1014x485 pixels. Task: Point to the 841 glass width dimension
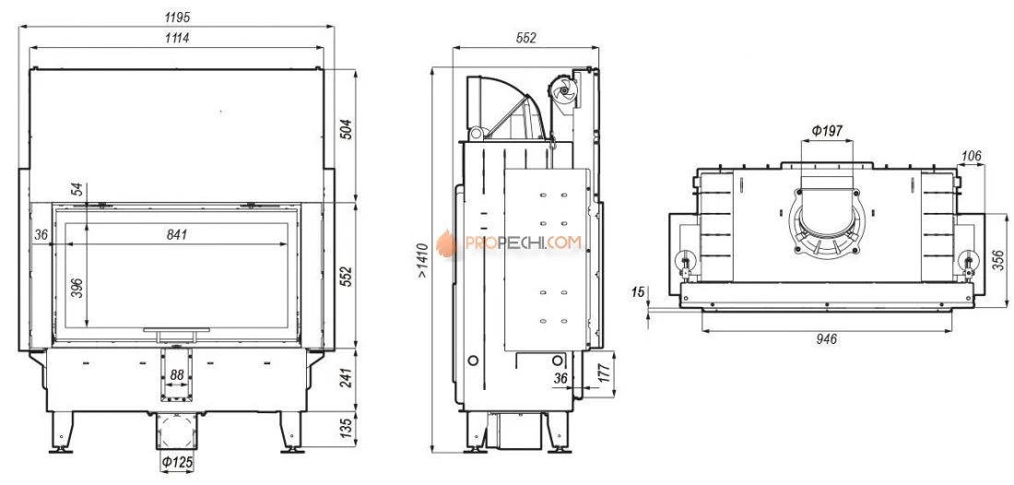(177, 234)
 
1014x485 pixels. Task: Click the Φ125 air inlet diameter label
(177, 462)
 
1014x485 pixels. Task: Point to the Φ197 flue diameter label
(826, 130)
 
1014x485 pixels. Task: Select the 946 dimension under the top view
(826, 338)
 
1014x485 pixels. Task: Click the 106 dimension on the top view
(971, 155)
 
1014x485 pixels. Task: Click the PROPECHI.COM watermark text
(523, 243)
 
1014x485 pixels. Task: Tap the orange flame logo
(447, 243)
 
